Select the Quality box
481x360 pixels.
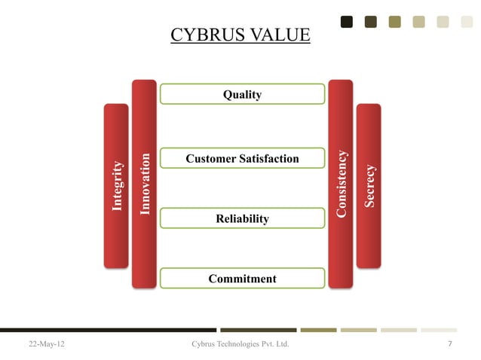pos(242,94)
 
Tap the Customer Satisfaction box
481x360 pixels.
pos(242,158)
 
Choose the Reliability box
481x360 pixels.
pos(242,218)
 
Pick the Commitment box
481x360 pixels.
pos(242,279)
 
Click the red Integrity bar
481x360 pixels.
pos(116,185)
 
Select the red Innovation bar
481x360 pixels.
pos(144,184)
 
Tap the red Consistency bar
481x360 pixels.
pos(341,184)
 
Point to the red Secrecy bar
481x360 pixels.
pos(369,185)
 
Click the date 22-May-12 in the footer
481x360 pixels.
pos(47,344)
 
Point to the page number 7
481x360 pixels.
pos(449,344)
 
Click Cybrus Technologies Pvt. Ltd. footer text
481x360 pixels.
pos(241,344)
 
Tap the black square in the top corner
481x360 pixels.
pos(347,22)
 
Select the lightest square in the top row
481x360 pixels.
pos(467,22)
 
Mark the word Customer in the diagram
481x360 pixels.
pos(210,158)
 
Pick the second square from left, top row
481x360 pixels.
pos(370,22)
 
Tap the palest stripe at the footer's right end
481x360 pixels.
pos(439,330)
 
